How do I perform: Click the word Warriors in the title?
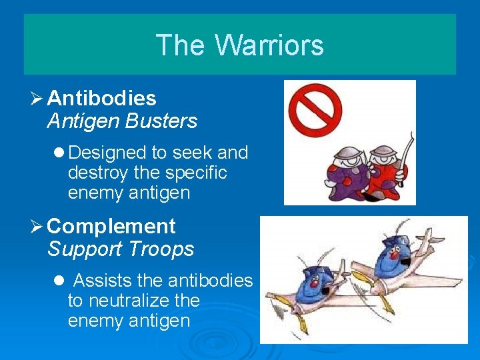269,45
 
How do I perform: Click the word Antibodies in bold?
101,99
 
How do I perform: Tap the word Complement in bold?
111,227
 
